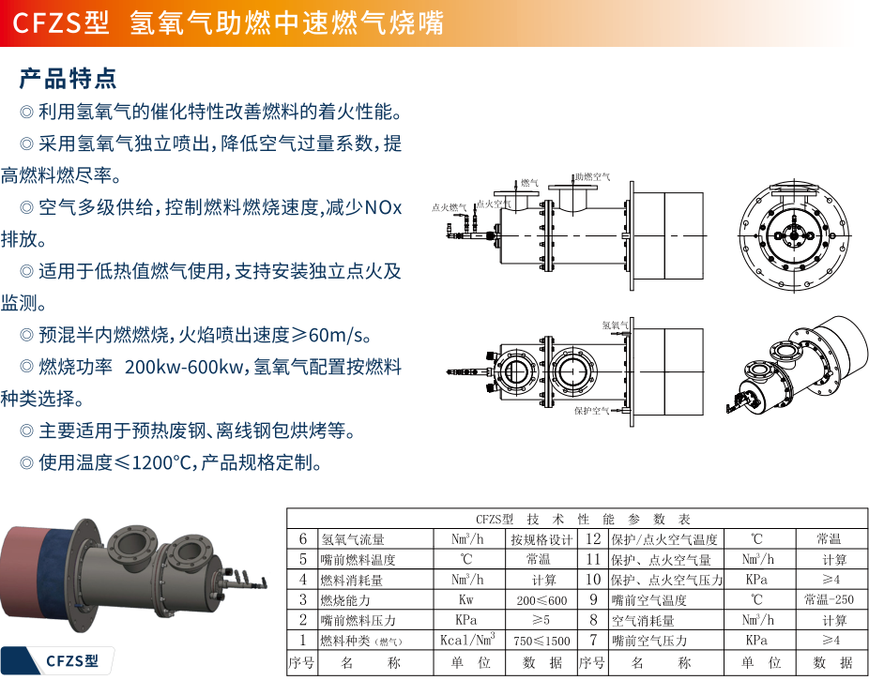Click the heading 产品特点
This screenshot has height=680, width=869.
(68, 79)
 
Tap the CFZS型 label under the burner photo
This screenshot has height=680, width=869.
(72, 660)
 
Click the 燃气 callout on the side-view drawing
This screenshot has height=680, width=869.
(529, 182)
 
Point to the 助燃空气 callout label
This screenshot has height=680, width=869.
(592, 176)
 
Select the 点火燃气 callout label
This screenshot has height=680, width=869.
(449, 207)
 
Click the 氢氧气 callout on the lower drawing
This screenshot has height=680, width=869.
(616, 325)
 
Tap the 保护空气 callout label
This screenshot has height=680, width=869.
(591, 411)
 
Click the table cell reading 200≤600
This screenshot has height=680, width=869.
(541, 601)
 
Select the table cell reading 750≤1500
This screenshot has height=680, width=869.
(541, 642)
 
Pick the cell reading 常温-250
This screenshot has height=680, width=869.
(829, 599)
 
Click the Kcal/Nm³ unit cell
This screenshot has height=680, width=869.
(467, 640)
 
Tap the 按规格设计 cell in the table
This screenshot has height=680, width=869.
(541, 540)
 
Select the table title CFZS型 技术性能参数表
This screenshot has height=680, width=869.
(583, 520)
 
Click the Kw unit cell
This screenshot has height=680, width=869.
(466, 599)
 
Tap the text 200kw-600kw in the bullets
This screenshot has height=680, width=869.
(183, 367)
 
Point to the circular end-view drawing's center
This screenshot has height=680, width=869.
(794, 236)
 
